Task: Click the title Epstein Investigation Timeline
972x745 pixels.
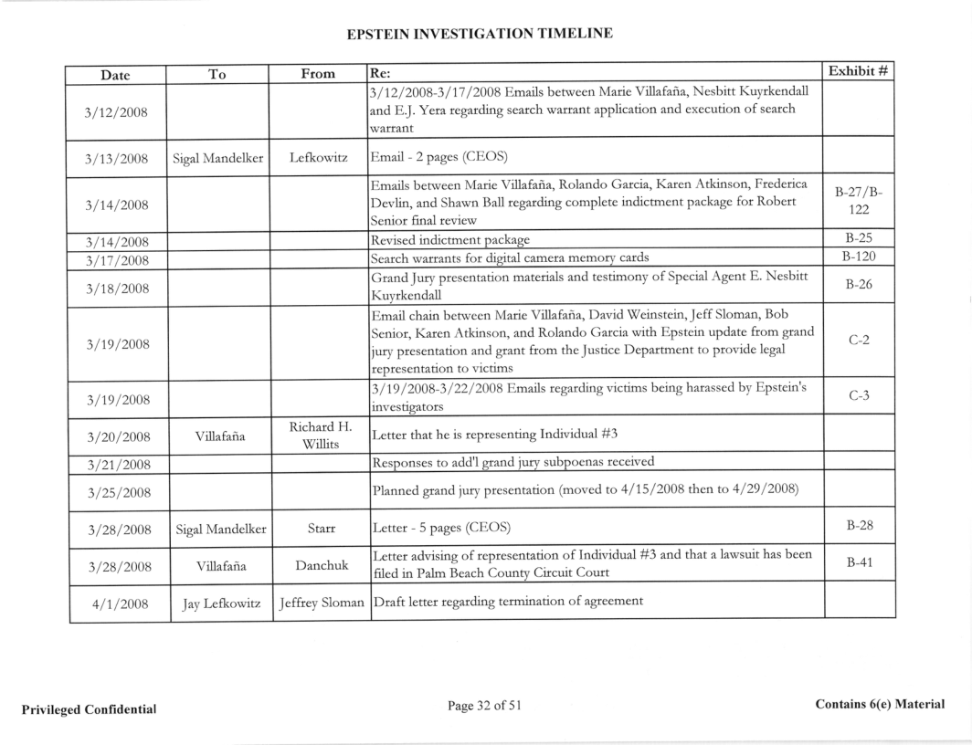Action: click(480, 34)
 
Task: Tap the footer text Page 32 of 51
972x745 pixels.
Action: click(484, 705)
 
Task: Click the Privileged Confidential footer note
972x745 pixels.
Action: click(87, 709)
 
